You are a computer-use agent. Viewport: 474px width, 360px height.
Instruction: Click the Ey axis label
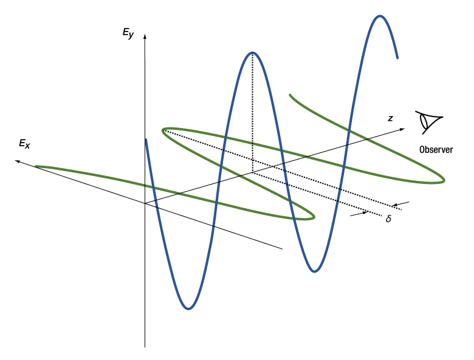128,33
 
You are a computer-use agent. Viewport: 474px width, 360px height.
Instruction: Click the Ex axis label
24,143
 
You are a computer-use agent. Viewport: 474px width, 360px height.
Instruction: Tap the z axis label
391,118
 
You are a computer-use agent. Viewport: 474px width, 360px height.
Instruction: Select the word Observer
436,149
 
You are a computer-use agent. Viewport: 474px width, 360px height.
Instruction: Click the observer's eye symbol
428,122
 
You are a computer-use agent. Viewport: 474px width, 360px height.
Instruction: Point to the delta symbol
388,219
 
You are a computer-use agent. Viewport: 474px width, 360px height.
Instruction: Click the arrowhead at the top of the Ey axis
145,36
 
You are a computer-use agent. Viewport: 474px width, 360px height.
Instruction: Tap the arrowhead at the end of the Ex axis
18,161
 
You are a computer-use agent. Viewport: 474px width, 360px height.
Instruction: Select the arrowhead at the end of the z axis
402,129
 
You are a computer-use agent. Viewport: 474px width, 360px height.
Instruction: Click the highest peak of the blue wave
380,16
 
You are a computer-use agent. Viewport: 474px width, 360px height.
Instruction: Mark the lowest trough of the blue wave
188,308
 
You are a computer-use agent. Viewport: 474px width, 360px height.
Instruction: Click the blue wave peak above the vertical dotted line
252,53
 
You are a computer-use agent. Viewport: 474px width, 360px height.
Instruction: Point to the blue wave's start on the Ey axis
146,140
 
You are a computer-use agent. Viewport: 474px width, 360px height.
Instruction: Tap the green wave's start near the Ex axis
36,166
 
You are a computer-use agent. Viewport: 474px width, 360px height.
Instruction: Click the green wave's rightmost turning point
444,180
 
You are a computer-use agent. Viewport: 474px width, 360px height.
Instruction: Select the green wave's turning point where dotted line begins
163,131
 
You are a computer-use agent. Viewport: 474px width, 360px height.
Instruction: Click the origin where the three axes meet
145,203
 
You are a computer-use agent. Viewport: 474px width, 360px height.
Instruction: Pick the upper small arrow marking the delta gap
400,204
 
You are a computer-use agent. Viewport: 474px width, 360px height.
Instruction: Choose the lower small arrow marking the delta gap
359,214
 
